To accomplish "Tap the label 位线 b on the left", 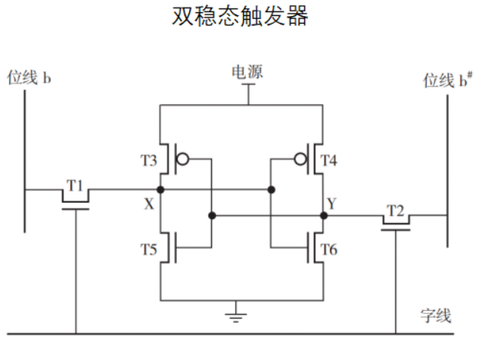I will click(30, 78).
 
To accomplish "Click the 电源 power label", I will click(247, 74).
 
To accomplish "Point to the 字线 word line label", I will click(435, 316).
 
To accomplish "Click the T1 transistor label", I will click(75, 185).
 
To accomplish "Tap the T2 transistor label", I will click(395, 210).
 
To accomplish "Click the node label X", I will click(148, 204).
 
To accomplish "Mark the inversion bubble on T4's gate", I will click(300, 160).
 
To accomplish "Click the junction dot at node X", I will click(161, 189).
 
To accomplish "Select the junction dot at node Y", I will click(324, 216).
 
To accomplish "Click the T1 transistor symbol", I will click(76, 199).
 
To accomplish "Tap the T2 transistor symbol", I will click(395, 222).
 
